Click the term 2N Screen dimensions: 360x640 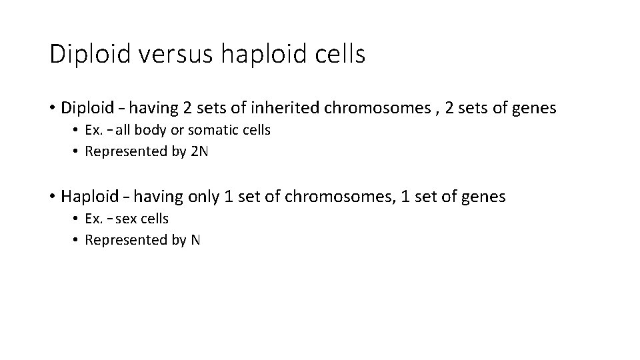[199, 151]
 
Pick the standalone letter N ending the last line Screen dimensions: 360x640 [195, 240]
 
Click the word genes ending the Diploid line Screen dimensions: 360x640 [533, 109]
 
